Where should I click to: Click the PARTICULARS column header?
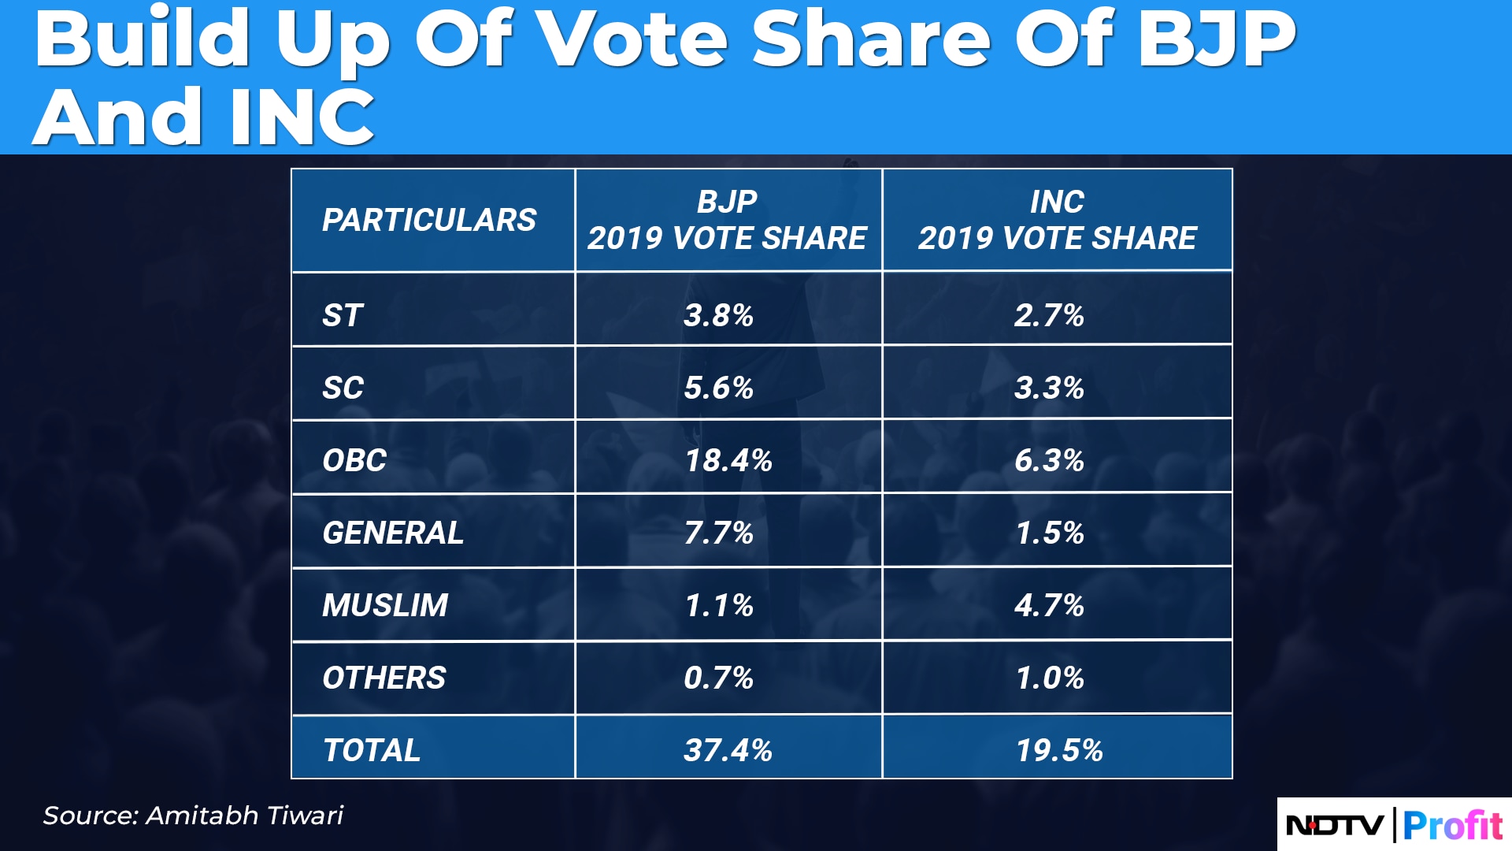[x=429, y=220]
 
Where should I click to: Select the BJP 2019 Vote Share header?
[x=727, y=220]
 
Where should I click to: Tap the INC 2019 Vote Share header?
[x=1057, y=220]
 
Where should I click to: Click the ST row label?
[x=343, y=315]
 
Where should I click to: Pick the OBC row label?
[x=354, y=460]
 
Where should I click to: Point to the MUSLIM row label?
[x=385, y=605]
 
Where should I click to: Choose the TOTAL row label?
[x=372, y=750]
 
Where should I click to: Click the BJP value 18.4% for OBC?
[x=728, y=460]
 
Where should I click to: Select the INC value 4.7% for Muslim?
[x=1049, y=605]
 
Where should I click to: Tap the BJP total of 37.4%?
[x=728, y=750]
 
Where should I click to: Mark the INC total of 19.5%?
[x=1059, y=750]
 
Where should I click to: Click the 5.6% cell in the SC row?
[x=718, y=388]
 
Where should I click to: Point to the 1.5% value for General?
[x=1050, y=533]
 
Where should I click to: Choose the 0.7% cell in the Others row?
[x=718, y=678]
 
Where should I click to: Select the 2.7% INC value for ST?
[x=1049, y=315]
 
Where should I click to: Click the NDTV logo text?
[x=1334, y=825]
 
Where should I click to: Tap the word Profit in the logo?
[x=1453, y=825]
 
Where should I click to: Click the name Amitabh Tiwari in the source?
[x=245, y=815]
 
